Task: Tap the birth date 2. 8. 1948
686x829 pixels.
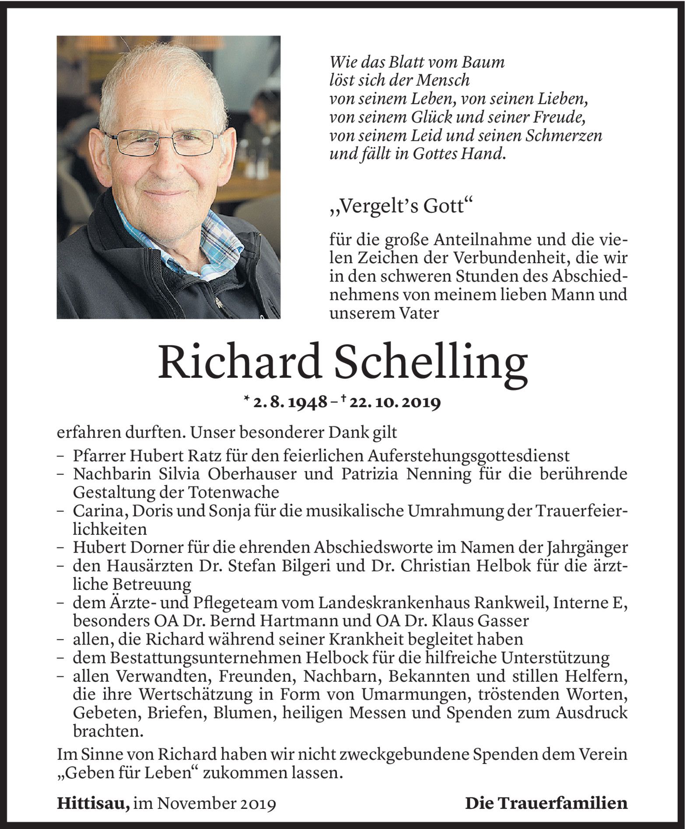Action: (290, 403)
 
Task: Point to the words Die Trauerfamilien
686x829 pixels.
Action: (546, 803)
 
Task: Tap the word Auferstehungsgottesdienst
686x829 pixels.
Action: (468, 456)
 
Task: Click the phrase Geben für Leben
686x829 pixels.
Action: (125, 773)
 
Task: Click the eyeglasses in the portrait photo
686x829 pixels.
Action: (165, 142)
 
